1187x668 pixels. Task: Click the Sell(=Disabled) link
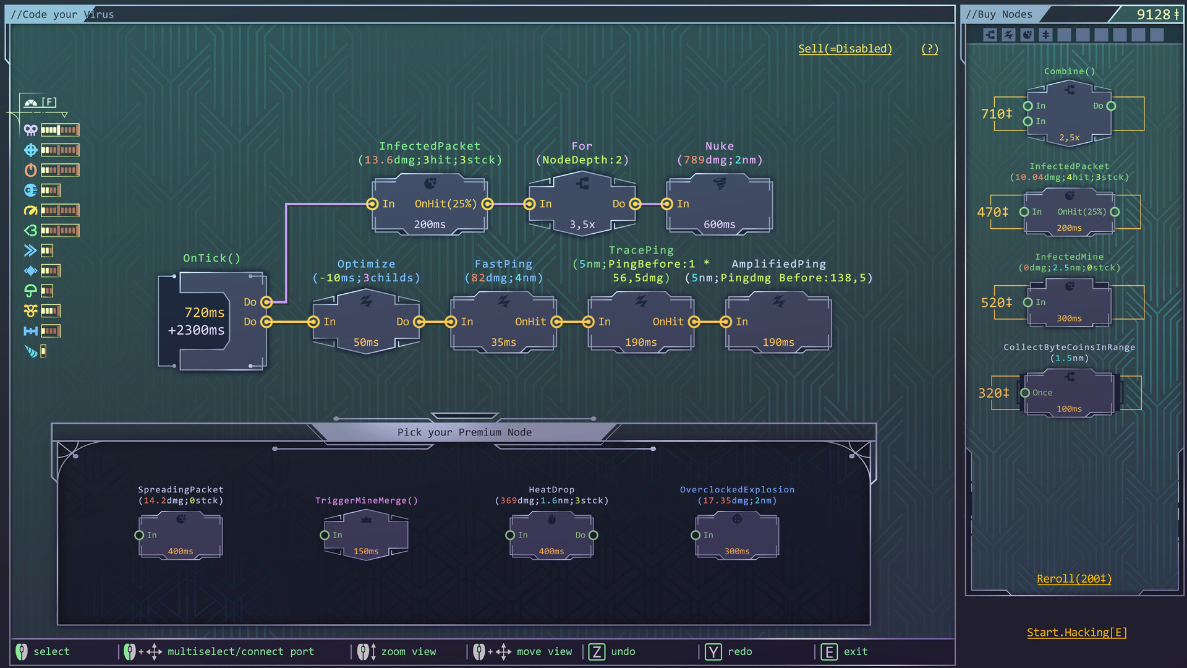pos(845,49)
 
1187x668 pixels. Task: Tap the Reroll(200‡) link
pos(1074,579)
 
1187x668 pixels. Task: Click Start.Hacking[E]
pos(1076,632)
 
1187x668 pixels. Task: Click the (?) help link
pos(929,49)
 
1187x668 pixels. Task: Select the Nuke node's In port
pos(666,204)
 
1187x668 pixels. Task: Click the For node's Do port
pos(635,204)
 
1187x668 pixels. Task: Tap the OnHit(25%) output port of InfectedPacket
pos(487,204)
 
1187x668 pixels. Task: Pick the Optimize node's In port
pos(313,322)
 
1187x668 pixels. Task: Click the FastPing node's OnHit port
pos(556,322)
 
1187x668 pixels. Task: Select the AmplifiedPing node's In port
pos(726,322)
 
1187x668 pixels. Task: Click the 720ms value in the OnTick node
pos(204,312)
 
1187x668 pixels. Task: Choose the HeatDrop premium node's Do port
pos(593,535)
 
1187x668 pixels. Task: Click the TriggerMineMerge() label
pos(367,500)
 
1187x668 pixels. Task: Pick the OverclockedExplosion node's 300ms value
pos(736,551)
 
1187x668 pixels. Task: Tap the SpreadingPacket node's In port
pos(139,535)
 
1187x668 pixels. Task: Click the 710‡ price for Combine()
pos(996,114)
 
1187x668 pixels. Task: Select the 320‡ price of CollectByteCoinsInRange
pos(993,393)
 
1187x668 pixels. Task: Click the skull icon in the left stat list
pos(30,130)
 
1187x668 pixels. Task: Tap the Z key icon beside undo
pos(597,651)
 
